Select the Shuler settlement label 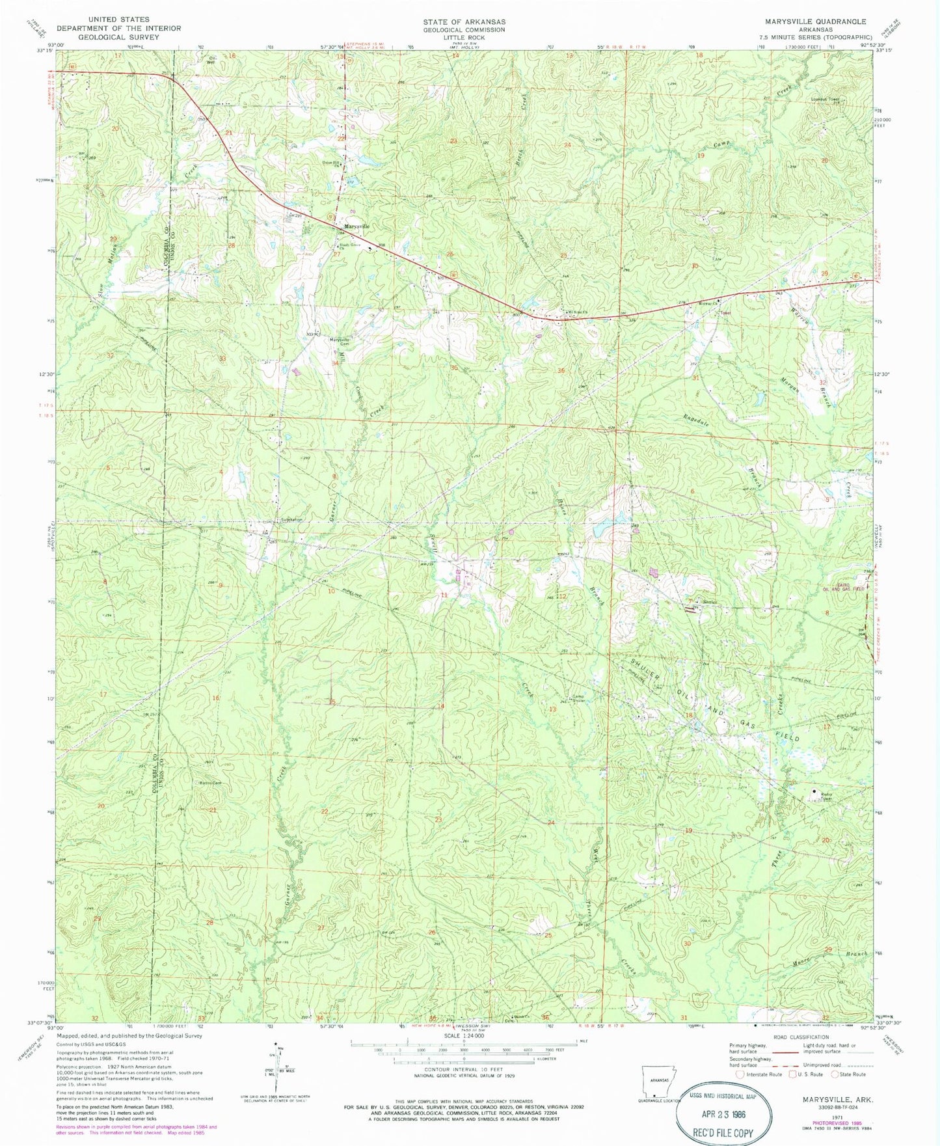pos(708,602)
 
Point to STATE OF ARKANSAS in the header pos(464,21)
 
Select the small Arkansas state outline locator pos(658,1084)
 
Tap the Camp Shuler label pos(578,698)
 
